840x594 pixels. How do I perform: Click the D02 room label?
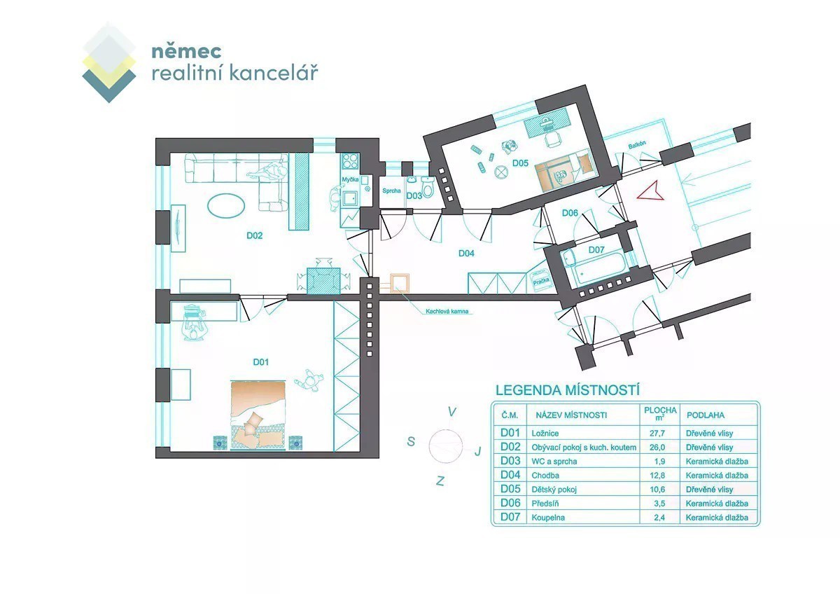click(254, 235)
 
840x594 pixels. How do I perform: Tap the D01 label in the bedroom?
click(260, 361)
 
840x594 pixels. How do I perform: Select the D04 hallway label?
click(466, 254)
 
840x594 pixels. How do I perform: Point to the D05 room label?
click(520, 163)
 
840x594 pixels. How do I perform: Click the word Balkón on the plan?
click(637, 144)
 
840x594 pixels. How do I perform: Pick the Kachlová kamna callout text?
click(447, 311)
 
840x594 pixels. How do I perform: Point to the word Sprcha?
click(391, 191)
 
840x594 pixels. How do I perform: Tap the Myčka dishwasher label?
click(350, 179)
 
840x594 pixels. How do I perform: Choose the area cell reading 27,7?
click(657, 433)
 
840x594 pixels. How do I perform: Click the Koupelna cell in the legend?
click(548, 518)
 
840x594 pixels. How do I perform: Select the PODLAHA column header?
click(706, 415)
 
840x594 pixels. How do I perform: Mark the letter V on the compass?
click(452, 412)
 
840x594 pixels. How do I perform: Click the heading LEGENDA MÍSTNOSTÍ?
click(568, 390)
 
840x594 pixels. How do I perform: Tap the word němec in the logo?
click(186, 51)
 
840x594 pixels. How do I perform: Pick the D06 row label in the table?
click(510, 503)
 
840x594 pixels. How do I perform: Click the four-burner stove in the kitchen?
click(350, 160)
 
